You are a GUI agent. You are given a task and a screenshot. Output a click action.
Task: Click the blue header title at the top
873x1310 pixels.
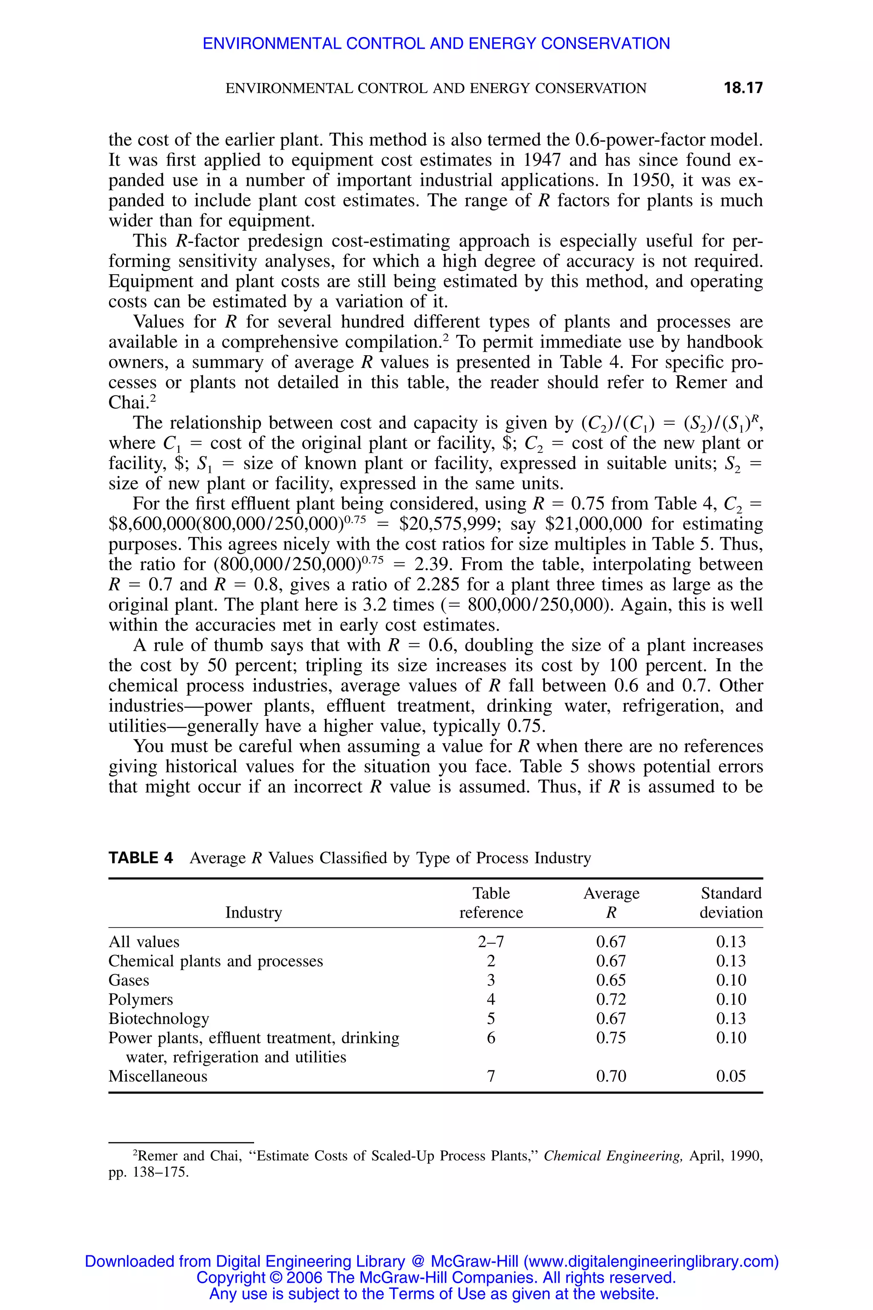tap(436, 43)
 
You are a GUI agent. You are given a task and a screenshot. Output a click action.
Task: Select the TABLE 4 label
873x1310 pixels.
tap(140, 858)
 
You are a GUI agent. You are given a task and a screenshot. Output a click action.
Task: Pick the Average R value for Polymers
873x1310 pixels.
tap(611, 999)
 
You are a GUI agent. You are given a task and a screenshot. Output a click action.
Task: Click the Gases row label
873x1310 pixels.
tap(129, 980)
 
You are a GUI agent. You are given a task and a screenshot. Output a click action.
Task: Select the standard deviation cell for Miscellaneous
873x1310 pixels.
tap(731, 1076)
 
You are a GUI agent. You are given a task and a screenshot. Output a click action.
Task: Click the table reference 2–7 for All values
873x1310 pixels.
tap(491, 942)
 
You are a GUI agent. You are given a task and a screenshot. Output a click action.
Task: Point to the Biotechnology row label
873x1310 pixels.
tap(159, 1019)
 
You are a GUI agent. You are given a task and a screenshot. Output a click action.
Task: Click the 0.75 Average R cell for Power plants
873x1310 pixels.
tap(611, 1038)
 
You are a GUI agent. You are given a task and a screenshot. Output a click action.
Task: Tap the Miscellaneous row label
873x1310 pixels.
tap(158, 1076)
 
